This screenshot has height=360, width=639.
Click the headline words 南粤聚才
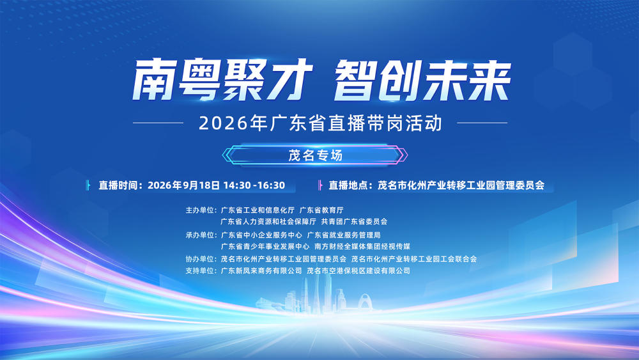coord(223,80)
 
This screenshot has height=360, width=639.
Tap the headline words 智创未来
coord(422,80)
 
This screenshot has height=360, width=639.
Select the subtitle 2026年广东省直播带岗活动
coord(320,123)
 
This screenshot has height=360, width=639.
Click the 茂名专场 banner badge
coord(315,155)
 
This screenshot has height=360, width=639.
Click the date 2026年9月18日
coord(184,185)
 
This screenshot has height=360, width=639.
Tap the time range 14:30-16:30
coord(254,185)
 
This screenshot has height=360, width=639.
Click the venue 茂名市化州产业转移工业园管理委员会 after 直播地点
coord(461,185)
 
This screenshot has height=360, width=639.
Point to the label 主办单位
coord(199,210)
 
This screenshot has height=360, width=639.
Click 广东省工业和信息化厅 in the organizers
coord(258,210)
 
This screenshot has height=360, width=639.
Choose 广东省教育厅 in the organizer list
coord(321,210)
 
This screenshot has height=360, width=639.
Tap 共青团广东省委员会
coord(354,222)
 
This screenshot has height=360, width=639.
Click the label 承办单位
coord(199,235)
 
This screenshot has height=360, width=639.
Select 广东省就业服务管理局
coord(344,235)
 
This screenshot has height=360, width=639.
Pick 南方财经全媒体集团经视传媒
coord(362,247)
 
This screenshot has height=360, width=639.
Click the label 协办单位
coord(199,259)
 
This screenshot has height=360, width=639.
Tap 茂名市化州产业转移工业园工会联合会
coord(414,259)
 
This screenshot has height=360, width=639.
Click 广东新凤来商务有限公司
coord(261,270)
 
